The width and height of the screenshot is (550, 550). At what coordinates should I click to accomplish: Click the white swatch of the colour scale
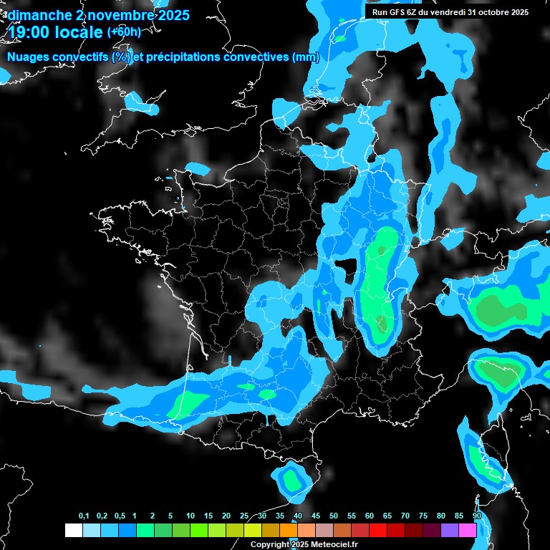(x=73, y=531)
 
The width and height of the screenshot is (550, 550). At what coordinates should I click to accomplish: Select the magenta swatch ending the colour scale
(x=468, y=531)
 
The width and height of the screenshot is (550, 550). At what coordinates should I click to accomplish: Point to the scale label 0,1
(x=84, y=516)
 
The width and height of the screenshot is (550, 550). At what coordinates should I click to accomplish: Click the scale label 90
(x=477, y=516)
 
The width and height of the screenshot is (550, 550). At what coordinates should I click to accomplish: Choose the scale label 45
(x=316, y=516)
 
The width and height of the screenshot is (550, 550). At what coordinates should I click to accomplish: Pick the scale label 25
(x=244, y=516)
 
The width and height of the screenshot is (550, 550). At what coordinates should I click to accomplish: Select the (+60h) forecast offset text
(x=124, y=32)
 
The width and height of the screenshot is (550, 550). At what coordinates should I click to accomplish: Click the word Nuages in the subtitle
(x=27, y=57)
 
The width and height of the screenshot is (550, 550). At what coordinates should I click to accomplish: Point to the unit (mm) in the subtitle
(x=306, y=57)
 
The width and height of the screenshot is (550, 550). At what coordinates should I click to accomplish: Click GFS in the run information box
(x=401, y=12)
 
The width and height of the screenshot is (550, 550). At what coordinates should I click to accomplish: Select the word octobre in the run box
(x=488, y=12)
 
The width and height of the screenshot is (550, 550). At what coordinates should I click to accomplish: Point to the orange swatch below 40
(x=289, y=531)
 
